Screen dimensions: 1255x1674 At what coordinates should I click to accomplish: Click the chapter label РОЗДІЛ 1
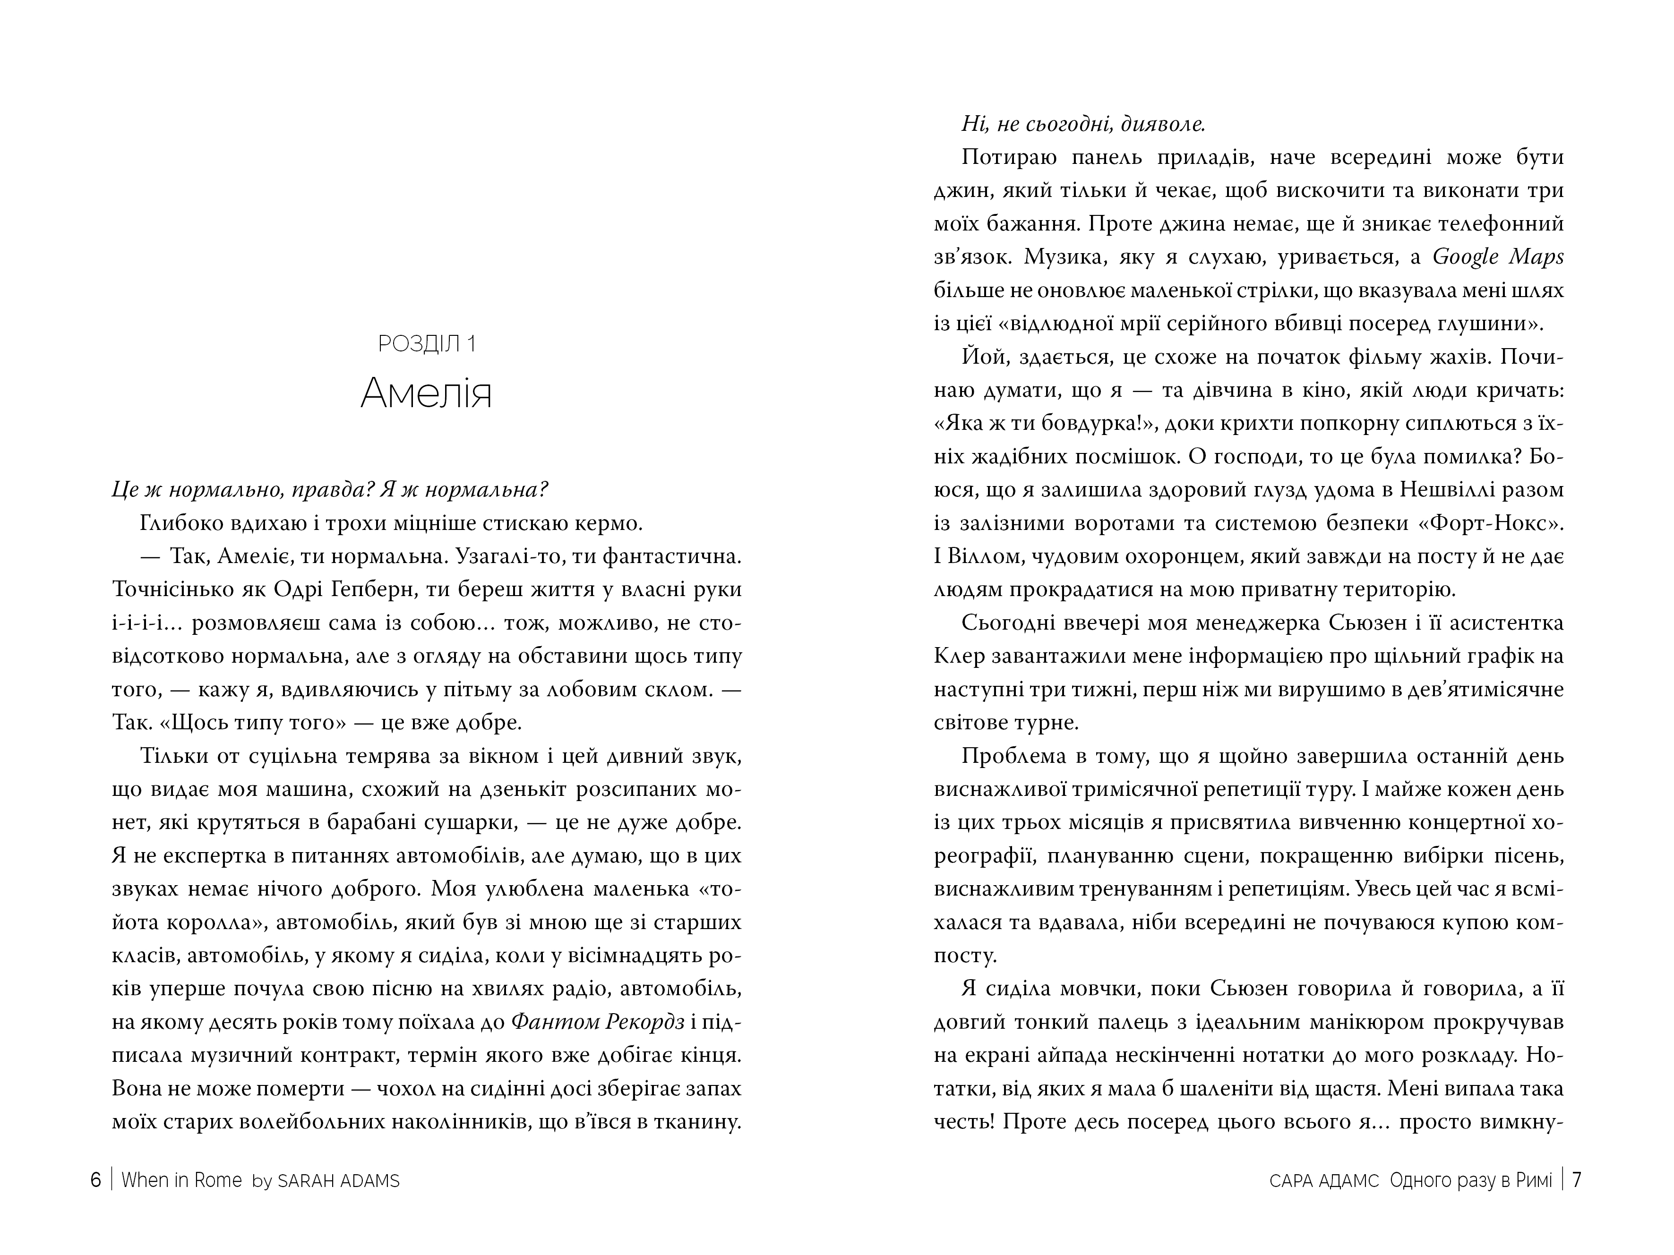pyautogui.click(x=427, y=344)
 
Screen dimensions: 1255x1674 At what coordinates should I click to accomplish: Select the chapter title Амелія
pyautogui.click(x=426, y=393)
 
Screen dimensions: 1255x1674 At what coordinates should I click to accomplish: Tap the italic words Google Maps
pyautogui.click(x=1498, y=257)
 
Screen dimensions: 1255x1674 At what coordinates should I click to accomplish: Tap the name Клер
pyautogui.click(x=959, y=656)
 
